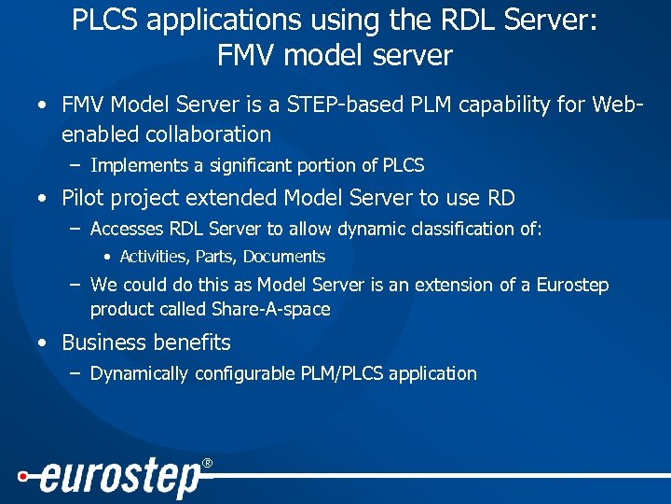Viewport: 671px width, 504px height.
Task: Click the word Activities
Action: click(155, 257)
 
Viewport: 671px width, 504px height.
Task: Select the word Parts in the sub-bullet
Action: click(216, 257)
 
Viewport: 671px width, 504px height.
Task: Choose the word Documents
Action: click(284, 257)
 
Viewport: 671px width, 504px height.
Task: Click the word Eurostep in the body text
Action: click(571, 285)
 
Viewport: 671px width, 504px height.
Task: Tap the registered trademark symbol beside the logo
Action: click(208, 463)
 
